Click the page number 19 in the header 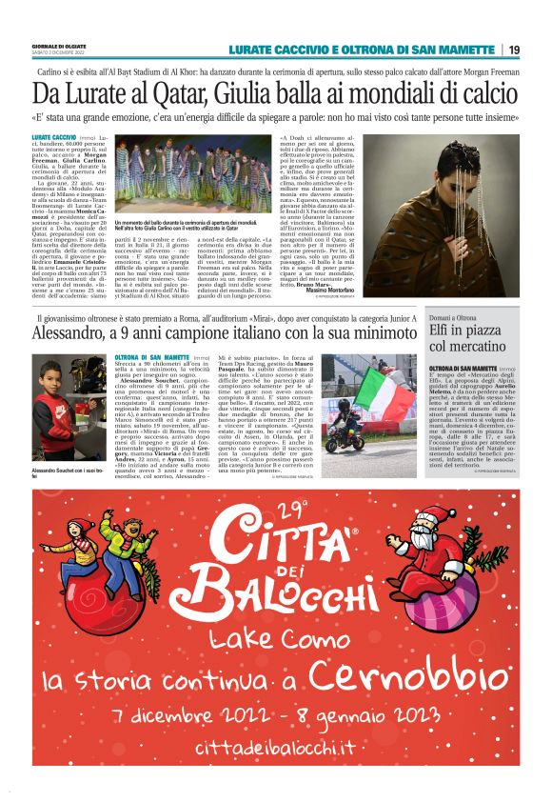[513, 50]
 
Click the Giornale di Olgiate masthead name [59, 45]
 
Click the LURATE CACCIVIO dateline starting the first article [53, 138]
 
